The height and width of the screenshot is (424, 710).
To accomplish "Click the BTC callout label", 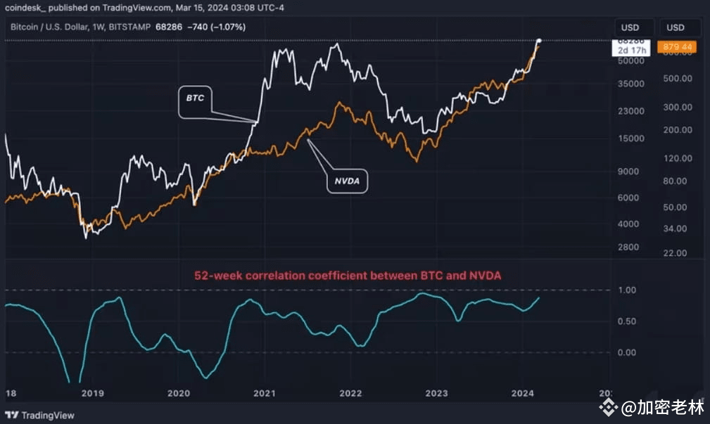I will point(194,98).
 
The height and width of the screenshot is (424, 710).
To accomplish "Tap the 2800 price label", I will point(628,248).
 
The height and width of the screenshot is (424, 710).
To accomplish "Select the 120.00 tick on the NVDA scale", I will point(678,158).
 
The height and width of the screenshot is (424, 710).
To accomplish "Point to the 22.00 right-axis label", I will point(676,253).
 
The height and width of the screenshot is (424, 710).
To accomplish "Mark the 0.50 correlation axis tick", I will point(626,322).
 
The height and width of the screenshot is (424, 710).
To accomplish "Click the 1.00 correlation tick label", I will point(626,290).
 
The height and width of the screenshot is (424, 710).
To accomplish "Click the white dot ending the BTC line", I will point(539,41).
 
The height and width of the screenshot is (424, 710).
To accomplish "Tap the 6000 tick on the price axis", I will point(628,198).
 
